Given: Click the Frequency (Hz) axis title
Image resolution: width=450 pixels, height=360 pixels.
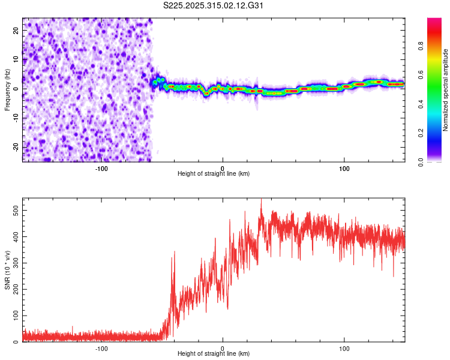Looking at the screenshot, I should [x=7, y=89].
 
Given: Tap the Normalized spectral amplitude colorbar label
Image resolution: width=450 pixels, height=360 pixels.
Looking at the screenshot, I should [x=446, y=90].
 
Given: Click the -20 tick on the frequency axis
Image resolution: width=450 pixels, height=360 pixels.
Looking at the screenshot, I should [x=16, y=147].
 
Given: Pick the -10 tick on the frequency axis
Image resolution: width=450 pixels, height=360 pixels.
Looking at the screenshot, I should [x=16, y=118].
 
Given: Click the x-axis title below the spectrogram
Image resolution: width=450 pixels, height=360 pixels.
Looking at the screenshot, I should [x=214, y=174].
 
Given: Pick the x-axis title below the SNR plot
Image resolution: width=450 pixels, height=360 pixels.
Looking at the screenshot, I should [x=214, y=355].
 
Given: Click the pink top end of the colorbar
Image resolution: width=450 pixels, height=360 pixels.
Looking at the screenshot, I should [x=434, y=20].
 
